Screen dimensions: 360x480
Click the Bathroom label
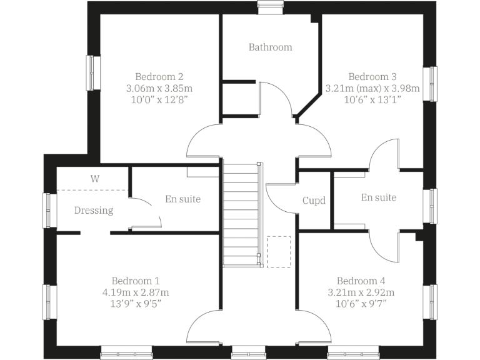click(270, 47)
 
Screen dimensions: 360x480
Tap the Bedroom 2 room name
click(159, 77)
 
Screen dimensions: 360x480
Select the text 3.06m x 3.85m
click(159, 88)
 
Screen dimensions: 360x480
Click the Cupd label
click(314, 201)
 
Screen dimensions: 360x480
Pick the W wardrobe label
click(95, 178)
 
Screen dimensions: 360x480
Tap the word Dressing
click(94, 211)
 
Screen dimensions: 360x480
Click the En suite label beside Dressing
click(183, 199)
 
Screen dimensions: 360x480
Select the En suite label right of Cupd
click(379, 197)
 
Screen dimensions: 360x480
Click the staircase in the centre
click(241, 212)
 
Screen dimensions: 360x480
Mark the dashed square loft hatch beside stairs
click(279, 251)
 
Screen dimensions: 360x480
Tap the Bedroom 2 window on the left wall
click(93, 73)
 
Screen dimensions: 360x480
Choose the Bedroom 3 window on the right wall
click(431, 83)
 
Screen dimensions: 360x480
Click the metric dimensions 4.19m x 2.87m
click(136, 292)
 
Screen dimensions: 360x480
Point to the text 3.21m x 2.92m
click(361, 292)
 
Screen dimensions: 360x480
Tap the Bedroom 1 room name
click(136, 281)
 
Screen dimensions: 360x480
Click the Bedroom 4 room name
click(361, 281)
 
